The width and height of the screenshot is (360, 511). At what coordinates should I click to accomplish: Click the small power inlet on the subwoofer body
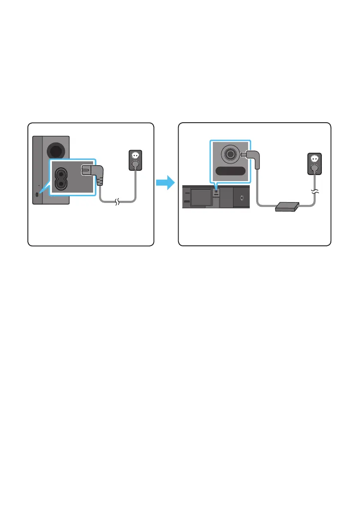pyautogui.click(x=38, y=194)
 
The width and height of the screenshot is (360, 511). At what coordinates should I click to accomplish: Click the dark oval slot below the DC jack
pyautogui.click(x=230, y=172)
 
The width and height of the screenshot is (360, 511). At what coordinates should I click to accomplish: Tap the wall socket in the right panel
pyautogui.click(x=315, y=164)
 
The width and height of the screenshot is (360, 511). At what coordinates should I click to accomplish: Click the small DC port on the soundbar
pyautogui.click(x=216, y=191)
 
